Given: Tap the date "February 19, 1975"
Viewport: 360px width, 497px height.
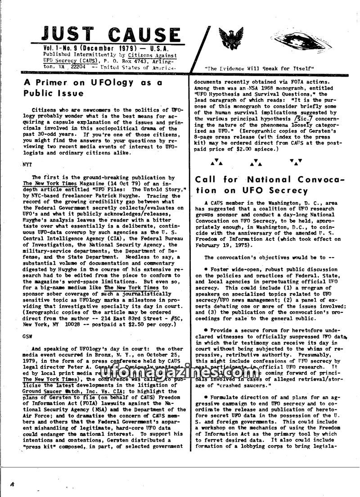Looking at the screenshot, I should (x=222, y=245).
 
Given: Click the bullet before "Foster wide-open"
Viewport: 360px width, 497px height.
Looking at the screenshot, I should (x=205, y=269).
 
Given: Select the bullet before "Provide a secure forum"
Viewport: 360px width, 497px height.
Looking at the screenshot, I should (x=205, y=330).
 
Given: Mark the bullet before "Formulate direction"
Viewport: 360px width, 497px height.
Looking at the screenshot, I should (x=205, y=398).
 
